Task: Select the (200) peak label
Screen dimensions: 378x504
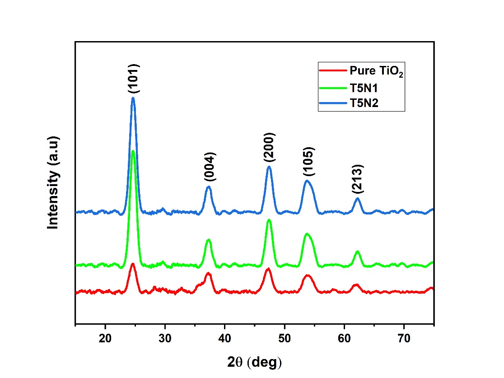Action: (x=270, y=147)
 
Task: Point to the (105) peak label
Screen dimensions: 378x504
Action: (x=309, y=161)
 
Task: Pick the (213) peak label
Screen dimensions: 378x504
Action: (x=358, y=179)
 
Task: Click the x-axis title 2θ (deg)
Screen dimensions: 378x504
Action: (x=254, y=361)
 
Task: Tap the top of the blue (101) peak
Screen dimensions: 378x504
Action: (x=133, y=98)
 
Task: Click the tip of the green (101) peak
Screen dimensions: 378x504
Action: (x=133, y=151)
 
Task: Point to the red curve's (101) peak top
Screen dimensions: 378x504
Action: (x=133, y=264)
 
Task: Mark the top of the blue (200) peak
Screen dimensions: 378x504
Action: (x=269, y=167)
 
